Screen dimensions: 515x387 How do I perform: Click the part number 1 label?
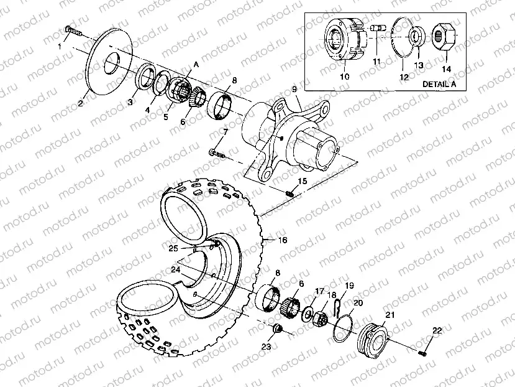[x=60, y=46]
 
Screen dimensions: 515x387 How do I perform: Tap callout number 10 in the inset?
[x=345, y=76]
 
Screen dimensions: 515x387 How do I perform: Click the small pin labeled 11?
[x=377, y=29]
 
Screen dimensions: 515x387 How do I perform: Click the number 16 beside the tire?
[x=282, y=239]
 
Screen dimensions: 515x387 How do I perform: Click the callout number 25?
[x=174, y=248]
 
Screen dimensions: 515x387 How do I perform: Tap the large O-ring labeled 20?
[x=342, y=328]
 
